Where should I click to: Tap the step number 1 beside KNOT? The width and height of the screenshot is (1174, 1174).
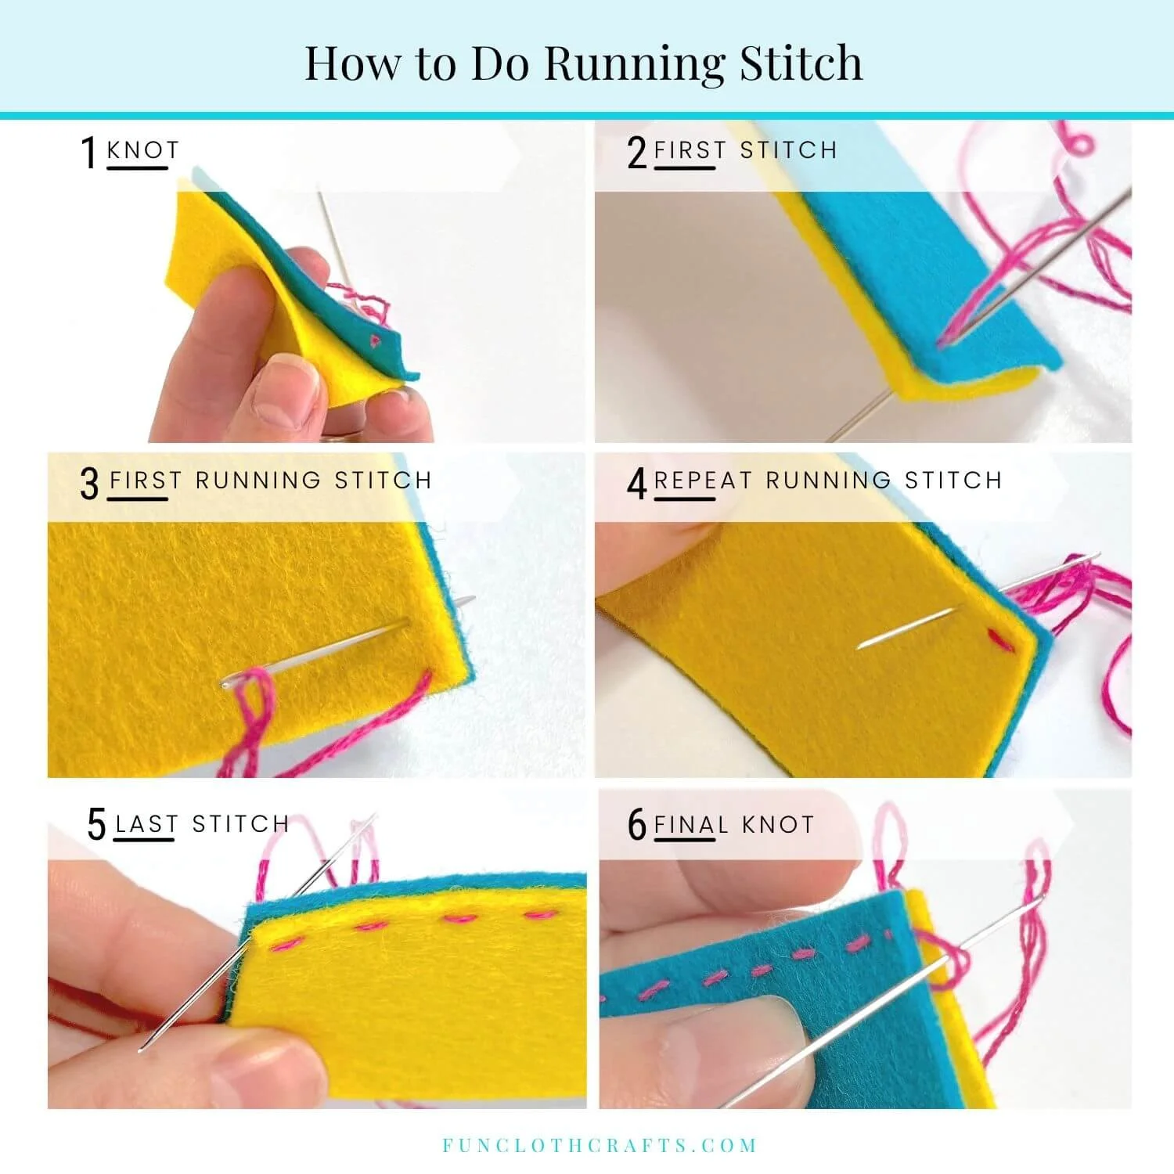89,152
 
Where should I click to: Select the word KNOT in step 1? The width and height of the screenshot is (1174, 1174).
142,149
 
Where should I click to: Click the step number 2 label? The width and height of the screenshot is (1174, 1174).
637,152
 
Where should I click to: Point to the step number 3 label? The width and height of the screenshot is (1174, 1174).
90,483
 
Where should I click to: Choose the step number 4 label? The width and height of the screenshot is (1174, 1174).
637,483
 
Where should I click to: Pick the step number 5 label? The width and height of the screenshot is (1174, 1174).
96,824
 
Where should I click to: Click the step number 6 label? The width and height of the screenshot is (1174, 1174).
637,824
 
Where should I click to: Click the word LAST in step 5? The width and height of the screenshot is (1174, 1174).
146,824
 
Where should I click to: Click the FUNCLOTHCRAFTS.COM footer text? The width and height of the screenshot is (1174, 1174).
600,1146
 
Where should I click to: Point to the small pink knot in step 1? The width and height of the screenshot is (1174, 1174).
375,340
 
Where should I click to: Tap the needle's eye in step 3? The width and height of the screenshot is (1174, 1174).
228,685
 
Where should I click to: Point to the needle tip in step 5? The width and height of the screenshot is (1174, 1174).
141,1050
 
